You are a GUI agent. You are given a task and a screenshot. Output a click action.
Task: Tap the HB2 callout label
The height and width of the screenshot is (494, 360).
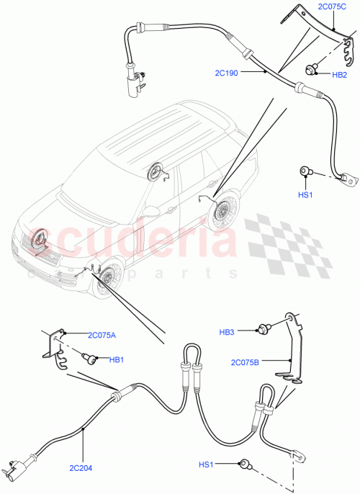tap(340, 74)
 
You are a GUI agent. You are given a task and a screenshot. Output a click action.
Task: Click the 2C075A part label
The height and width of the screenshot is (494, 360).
tap(102, 335)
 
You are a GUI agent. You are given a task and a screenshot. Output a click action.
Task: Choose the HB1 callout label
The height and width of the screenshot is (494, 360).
tap(117, 359)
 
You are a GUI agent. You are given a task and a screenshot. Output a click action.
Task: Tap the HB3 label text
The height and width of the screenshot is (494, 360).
tap(228, 332)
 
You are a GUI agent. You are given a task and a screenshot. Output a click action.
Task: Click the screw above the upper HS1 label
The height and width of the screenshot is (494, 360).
tap(305, 171)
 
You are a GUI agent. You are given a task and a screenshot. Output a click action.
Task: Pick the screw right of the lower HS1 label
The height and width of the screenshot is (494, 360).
tap(246, 464)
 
